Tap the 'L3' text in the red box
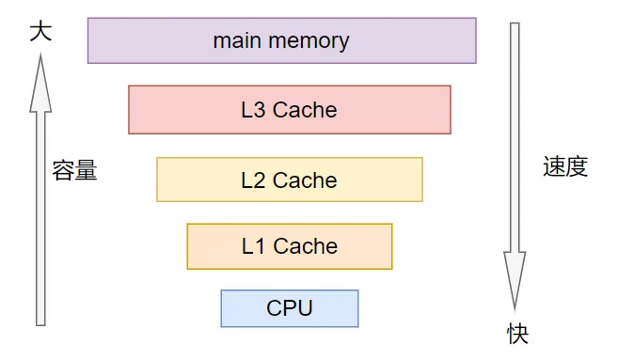(253, 110)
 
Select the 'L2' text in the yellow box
(253, 180)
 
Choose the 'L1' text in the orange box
(253, 246)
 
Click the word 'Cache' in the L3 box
(305, 110)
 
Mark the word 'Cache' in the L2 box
(305, 180)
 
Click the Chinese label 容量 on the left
(74, 171)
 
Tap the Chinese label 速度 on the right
(565, 167)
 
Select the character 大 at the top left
(40, 32)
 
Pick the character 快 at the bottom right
(517, 334)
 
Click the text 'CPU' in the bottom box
(290, 308)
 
